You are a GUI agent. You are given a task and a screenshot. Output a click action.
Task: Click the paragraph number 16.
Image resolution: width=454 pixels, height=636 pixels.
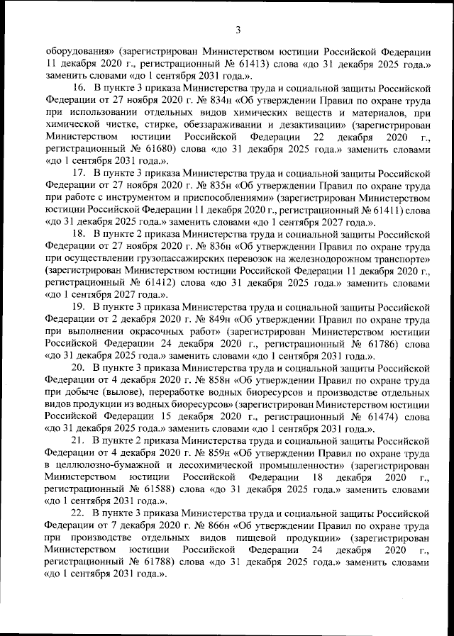click(79, 87)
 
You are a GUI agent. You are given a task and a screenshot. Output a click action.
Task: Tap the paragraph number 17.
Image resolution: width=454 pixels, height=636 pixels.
click(79, 172)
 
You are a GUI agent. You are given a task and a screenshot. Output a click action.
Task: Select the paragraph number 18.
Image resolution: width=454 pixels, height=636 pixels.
click(79, 232)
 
